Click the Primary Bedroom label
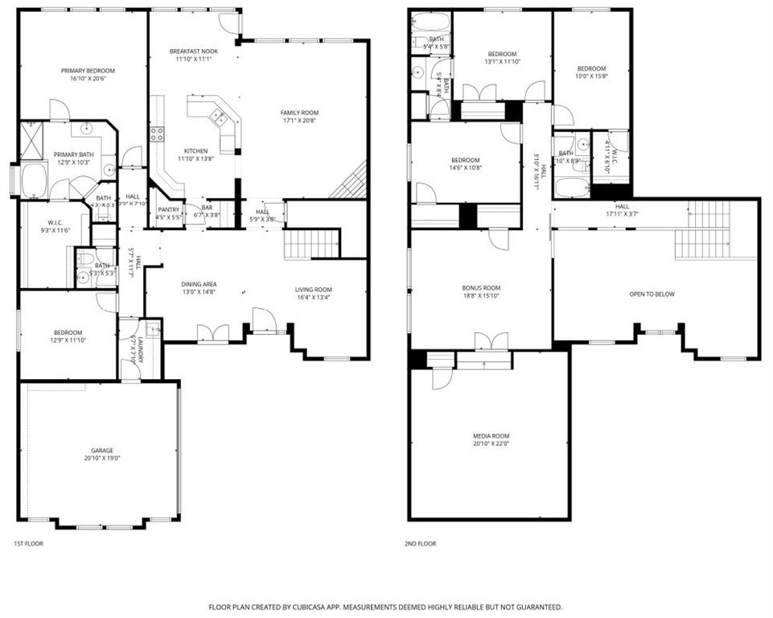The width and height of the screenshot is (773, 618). [x=83, y=71]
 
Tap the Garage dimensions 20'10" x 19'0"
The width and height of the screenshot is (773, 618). [x=101, y=458]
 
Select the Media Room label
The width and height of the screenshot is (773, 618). [x=491, y=435]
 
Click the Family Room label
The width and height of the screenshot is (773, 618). [x=299, y=112]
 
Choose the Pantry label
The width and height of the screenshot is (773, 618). [x=167, y=209]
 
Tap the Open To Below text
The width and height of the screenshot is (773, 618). [x=652, y=294]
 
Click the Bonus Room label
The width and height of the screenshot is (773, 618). [x=481, y=287]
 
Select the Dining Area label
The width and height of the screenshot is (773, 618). [x=198, y=284]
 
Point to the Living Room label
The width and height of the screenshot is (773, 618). [x=313, y=290]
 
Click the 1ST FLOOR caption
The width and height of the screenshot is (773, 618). [x=30, y=544]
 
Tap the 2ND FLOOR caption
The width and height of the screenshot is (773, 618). [x=420, y=544]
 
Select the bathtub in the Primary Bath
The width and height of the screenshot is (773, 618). [x=34, y=180]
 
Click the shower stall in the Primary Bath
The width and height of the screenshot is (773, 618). [x=32, y=140]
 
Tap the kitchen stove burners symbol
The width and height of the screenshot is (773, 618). [x=156, y=134]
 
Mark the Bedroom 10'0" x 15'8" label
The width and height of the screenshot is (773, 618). [x=591, y=69]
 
